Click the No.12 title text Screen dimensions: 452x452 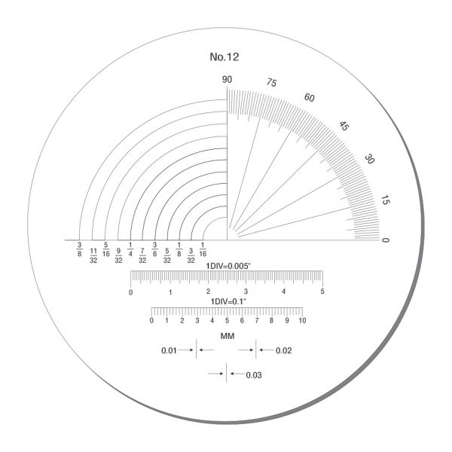coord(224,56)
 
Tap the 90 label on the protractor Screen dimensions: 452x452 coord(227,80)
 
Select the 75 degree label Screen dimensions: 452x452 coord(271,82)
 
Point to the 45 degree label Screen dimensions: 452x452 coord(344,126)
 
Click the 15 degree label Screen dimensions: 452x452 coord(385,200)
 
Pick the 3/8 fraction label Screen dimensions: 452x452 coord(79,249)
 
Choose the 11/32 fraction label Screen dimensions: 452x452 coord(93,256)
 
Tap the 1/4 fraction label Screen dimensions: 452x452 coord(130,249)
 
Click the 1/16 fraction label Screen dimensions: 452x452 coord(203,249)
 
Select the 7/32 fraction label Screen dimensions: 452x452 coord(142,256)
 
